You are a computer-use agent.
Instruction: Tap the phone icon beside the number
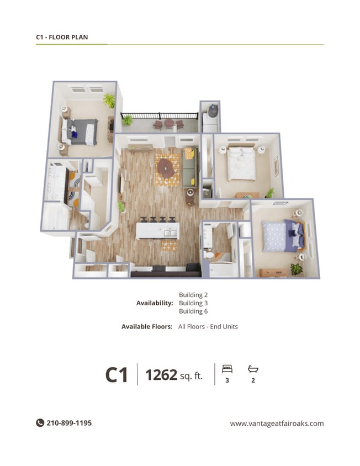[40, 423]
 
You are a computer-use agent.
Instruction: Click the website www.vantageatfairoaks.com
[277, 423]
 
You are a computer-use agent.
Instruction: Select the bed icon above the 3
[227, 368]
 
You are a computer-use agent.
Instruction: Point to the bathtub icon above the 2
[253, 368]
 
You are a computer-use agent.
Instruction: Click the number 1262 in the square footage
[161, 375]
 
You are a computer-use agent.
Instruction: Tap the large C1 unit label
[117, 375]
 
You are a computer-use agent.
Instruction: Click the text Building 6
[193, 311]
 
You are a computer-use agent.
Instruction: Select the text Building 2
[193, 295]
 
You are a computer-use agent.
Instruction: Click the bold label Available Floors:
[147, 327]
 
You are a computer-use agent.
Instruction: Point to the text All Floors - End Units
[208, 327]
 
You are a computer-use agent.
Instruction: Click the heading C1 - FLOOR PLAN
[62, 38]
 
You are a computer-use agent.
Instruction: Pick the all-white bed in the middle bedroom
[241, 163]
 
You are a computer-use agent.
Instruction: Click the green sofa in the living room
[188, 168]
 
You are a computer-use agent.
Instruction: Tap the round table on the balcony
[169, 123]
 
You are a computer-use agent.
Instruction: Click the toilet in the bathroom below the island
[210, 255]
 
